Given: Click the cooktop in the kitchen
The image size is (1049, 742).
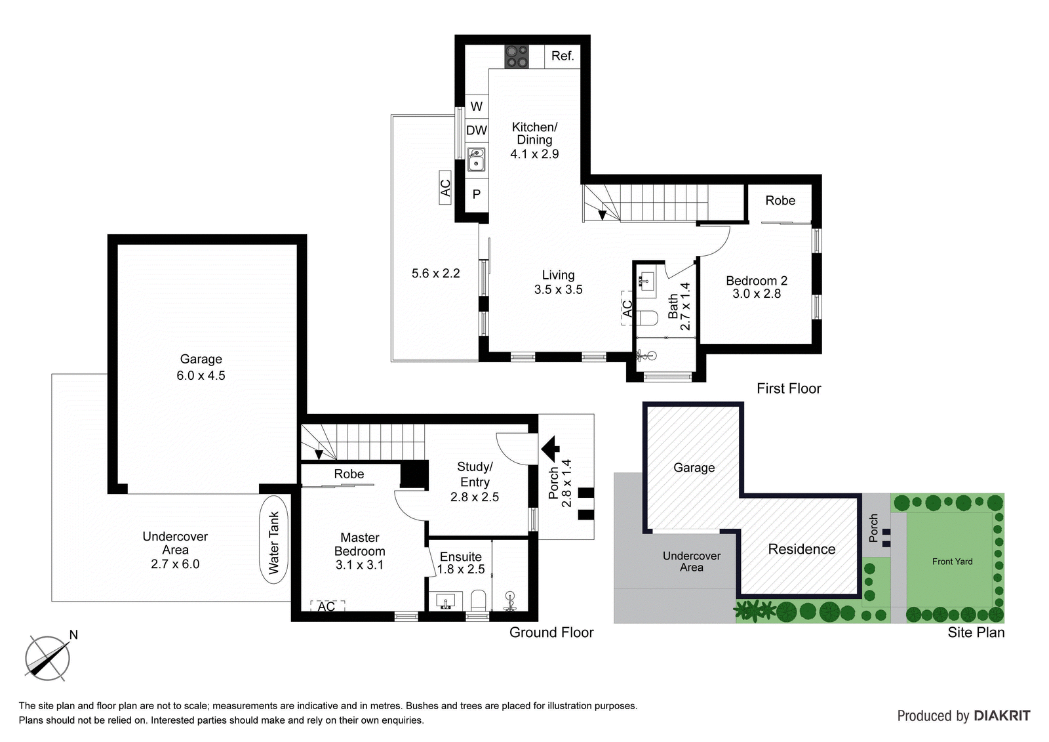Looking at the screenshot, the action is click(517, 56).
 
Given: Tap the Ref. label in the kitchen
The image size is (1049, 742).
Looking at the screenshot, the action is click(563, 56).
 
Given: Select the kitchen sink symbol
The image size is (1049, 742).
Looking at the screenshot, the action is click(476, 159).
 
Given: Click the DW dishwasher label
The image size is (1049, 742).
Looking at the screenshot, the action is click(477, 131).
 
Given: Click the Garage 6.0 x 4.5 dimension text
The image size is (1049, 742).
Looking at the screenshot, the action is click(201, 375).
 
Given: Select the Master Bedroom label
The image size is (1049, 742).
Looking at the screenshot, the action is click(360, 544).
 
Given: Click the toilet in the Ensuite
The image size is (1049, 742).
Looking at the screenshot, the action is click(479, 600).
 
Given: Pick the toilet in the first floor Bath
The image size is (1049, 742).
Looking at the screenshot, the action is click(648, 318).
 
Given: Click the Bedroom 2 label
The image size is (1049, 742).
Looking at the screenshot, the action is click(757, 281).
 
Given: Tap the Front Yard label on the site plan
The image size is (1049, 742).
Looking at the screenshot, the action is click(952, 562).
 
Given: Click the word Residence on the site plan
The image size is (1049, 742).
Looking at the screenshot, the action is click(802, 549).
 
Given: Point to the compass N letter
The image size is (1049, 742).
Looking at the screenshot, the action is click(73, 634).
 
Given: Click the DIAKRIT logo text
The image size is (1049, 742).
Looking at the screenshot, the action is click(1002, 716).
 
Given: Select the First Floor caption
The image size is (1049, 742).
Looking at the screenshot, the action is click(789, 388).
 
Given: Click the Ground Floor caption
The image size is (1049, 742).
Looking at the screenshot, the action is click(551, 632).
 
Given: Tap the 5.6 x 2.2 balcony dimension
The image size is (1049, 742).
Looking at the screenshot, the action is click(436, 274).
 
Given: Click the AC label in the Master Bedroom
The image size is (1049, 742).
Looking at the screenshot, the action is click(327, 607).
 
